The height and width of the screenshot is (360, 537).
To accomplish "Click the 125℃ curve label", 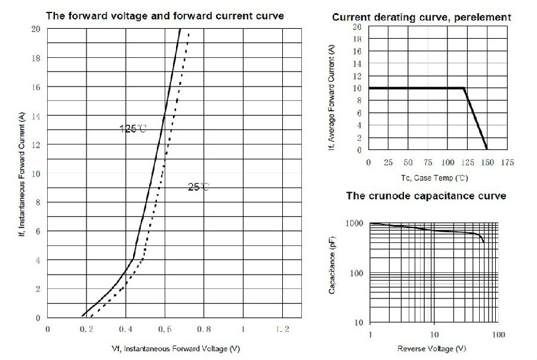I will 133,128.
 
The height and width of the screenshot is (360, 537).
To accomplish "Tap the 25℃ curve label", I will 199,187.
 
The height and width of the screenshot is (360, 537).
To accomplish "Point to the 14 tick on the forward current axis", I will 36,115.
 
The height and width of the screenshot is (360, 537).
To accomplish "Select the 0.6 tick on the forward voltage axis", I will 164,330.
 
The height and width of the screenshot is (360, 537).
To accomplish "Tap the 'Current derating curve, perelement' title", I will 421,17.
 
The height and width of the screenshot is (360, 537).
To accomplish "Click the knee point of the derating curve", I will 464,88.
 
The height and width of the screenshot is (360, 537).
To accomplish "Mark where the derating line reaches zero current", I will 487,149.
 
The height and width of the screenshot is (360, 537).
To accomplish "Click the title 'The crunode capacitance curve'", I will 426,195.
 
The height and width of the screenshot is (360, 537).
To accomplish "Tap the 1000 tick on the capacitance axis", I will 355,223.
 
